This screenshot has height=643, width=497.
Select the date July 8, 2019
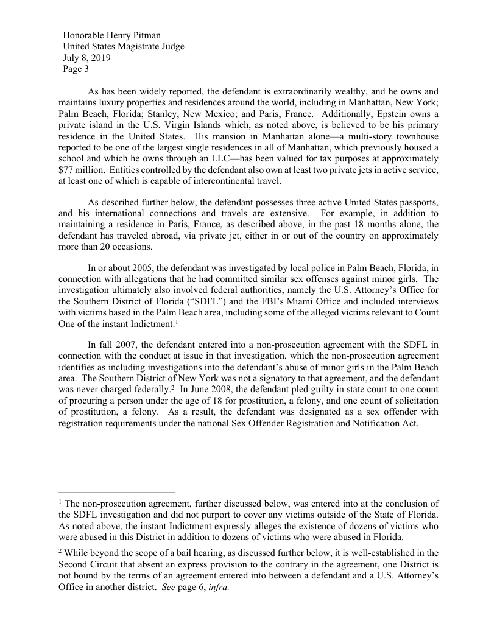click(x=86, y=58)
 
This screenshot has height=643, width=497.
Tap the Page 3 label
click(x=76, y=69)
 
